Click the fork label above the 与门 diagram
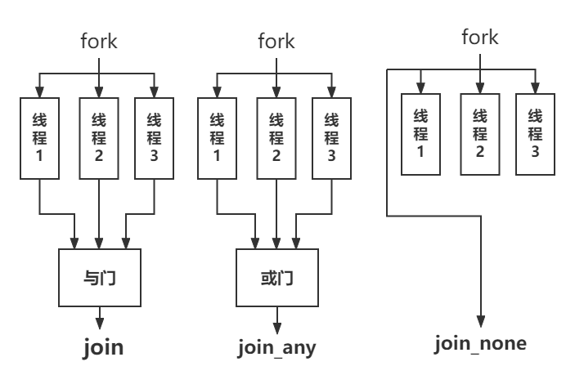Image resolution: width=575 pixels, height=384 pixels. tap(98, 41)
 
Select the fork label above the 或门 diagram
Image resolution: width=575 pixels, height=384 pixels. tap(276, 40)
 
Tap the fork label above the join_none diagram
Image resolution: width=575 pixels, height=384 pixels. tap(479, 37)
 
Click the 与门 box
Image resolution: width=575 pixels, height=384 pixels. tap(100, 278)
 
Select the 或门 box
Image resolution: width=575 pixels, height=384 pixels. tap(276, 278)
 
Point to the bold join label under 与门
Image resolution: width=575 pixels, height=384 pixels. tap(102, 346)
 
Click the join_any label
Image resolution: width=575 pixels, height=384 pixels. tap(276, 347)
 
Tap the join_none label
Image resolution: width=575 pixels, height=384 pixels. tap(480, 343)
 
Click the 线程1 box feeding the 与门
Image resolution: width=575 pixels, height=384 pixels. tap(40, 138)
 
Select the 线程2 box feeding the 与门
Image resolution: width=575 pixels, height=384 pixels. tap(99, 138)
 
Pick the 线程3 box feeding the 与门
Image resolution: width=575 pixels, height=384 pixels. tap(154, 138)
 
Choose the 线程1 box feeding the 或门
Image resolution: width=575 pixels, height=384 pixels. tap(218, 138)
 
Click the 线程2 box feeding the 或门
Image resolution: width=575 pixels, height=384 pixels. tap(276, 138)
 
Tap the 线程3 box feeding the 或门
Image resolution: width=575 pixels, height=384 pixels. tap(331, 138)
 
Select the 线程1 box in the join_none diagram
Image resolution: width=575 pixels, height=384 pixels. tap(420, 134)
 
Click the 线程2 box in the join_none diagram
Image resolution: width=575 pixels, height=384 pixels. tap(479, 134)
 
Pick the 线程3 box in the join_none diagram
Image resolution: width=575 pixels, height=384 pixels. tap(535, 134)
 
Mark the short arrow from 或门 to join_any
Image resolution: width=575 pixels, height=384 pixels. tap(276, 317)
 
